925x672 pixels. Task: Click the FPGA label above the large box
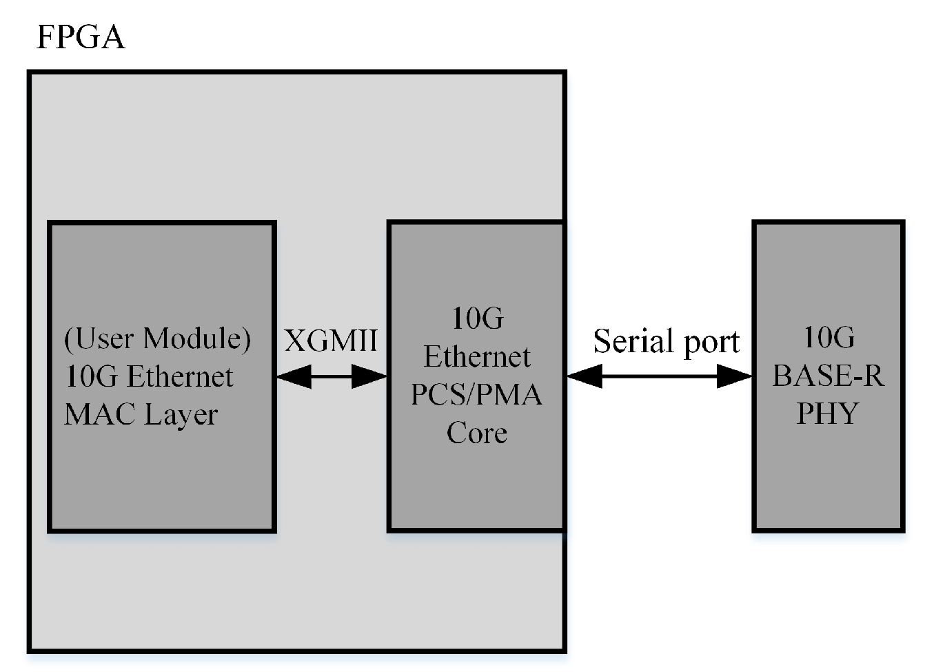tap(80, 37)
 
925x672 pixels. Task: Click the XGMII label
tap(331, 340)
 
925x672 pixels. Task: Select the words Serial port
tap(666, 342)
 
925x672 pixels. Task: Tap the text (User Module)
tap(157, 338)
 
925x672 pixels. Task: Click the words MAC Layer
tap(141, 415)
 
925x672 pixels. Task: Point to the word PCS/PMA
tap(476, 395)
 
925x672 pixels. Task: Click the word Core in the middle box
tap(476, 433)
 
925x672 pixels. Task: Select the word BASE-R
tap(828, 376)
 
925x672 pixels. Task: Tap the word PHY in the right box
tap(828, 414)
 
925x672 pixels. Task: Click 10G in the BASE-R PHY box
tap(829, 338)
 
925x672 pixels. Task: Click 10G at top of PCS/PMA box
tap(477, 318)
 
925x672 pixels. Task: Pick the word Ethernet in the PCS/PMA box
tap(476, 357)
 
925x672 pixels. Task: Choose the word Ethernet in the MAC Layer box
tap(180, 377)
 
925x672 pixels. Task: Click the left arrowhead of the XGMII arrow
tap(292, 376)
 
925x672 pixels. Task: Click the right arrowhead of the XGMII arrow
tap(370, 376)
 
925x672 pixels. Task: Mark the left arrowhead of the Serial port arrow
tap(585, 376)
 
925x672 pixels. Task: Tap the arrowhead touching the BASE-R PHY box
tap(734, 376)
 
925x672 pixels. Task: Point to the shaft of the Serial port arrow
tap(659, 376)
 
